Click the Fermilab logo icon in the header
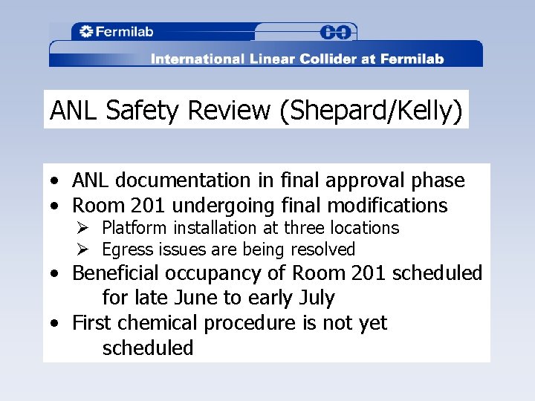tap(85, 32)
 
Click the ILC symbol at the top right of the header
tap(337, 32)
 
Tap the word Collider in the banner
tap(320, 59)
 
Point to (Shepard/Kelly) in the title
tap(371, 111)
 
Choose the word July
tap(316, 298)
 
